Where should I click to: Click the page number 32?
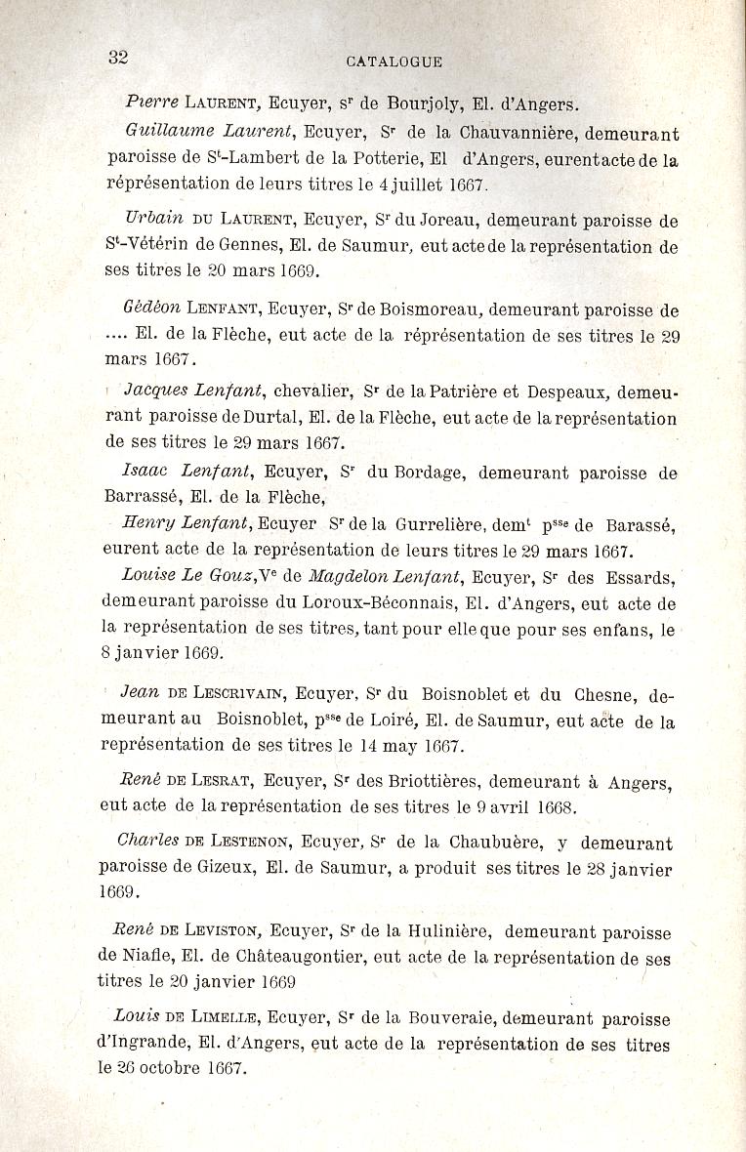tap(118, 56)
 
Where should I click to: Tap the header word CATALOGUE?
tap(394, 62)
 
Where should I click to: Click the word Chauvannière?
tap(514, 133)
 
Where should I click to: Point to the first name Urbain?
tap(154, 221)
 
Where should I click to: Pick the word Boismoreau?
tap(430, 310)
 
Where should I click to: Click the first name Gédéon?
tap(151, 309)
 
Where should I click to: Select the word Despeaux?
tap(567, 391)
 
